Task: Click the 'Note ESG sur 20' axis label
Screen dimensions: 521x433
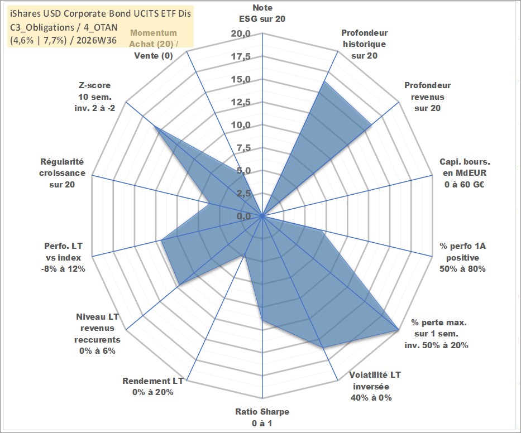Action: click(262, 13)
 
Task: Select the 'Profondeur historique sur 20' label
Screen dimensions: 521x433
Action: click(364, 44)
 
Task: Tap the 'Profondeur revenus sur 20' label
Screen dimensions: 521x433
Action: click(427, 97)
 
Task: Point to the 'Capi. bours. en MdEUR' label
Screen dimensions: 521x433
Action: click(465, 167)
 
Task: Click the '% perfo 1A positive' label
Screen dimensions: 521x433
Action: click(462, 252)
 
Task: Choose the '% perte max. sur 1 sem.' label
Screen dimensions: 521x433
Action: click(438, 328)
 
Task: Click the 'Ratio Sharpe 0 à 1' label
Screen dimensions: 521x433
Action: click(262, 417)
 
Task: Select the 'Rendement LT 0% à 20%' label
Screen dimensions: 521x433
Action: click(153, 387)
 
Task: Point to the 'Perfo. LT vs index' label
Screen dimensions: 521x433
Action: click(63, 252)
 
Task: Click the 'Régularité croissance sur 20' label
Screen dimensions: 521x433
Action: click(62, 173)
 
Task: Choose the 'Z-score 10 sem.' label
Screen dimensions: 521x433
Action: click(95, 91)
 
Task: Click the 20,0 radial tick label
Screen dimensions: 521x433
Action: click(241, 34)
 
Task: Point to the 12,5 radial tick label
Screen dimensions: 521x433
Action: click(241, 102)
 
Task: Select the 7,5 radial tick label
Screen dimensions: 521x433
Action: click(243, 148)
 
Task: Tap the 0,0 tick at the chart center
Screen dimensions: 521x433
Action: click(243, 216)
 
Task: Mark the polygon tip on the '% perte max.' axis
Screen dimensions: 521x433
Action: click(398, 330)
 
